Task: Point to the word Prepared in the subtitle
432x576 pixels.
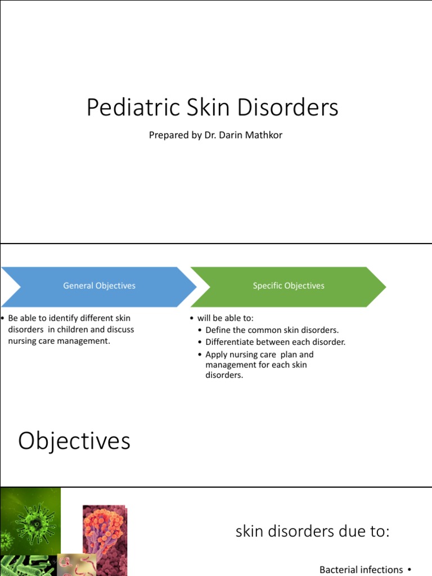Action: click(167, 136)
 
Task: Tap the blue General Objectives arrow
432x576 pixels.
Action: click(99, 286)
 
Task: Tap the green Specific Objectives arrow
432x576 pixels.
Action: click(289, 286)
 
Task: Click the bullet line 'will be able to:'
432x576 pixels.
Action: click(225, 318)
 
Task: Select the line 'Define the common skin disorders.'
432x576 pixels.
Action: click(272, 330)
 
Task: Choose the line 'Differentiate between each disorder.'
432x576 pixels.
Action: click(275, 342)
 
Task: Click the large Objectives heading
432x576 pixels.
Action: click(74, 441)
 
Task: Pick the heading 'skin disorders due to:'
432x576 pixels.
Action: click(312, 531)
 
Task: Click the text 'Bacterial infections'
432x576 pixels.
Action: click(361, 569)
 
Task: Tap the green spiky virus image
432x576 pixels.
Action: click(31, 520)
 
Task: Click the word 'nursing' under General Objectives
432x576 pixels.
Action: click(22, 341)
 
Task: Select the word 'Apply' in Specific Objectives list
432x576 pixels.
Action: click(217, 354)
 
